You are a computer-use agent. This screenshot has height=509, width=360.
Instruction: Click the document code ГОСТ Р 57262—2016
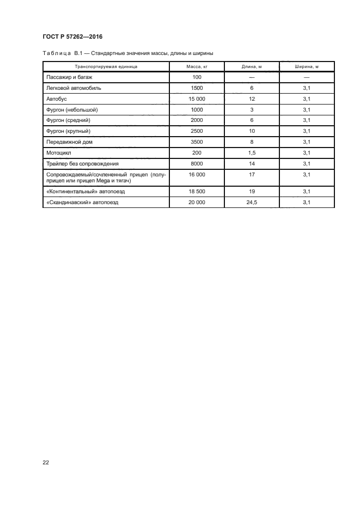[x=72, y=36]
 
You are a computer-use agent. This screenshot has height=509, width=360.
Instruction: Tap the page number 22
[x=46, y=462]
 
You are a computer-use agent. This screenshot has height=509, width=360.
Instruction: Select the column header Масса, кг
[x=197, y=66]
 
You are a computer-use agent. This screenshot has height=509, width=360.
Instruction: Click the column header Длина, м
[x=252, y=66]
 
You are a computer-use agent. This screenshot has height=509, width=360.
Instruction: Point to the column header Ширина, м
[x=306, y=66]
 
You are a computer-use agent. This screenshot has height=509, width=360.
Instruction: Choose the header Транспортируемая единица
[x=106, y=66]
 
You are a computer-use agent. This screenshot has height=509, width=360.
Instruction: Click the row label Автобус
[x=57, y=99]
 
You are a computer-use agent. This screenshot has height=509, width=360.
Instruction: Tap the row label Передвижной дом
[x=69, y=142]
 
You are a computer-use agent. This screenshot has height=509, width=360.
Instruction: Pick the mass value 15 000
[x=197, y=99]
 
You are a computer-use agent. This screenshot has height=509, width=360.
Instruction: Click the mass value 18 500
[x=197, y=192]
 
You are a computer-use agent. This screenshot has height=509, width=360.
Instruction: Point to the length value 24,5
[x=252, y=202]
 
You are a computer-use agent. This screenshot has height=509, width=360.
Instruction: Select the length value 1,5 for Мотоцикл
[x=252, y=152]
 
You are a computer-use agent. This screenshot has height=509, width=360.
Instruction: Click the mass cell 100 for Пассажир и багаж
[x=197, y=77]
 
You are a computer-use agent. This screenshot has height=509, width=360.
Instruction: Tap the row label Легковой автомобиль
[x=74, y=88]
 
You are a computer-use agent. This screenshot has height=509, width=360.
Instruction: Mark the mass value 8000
[x=197, y=163]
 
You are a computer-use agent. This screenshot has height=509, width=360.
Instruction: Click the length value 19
[x=252, y=192]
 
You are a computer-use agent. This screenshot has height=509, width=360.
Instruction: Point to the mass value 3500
[x=197, y=142]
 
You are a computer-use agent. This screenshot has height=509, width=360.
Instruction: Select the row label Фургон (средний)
[x=68, y=120]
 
